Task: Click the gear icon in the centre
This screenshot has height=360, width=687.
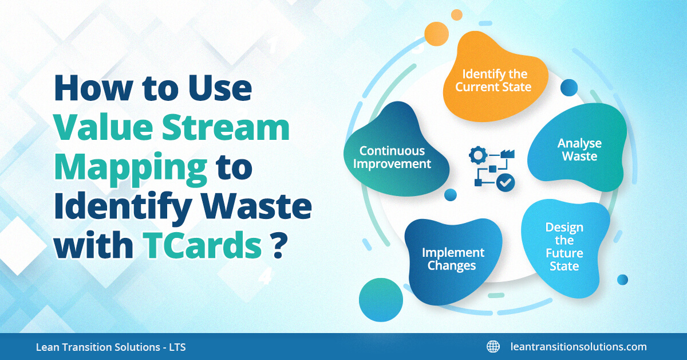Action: pyautogui.click(x=478, y=155)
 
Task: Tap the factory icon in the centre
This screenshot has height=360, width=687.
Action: pyautogui.click(x=507, y=154)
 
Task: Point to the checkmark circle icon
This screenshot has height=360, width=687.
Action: pyautogui.click(x=506, y=183)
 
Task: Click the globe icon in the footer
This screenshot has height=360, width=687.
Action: pyautogui.click(x=493, y=347)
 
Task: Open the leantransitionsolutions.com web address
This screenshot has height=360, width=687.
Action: pyautogui.click(x=578, y=347)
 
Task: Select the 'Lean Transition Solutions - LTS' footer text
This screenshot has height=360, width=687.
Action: pyautogui.click(x=110, y=347)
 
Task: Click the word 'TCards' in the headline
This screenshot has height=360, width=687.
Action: pyautogui.click(x=203, y=245)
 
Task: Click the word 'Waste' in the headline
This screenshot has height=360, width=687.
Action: pyautogui.click(x=256, y=206)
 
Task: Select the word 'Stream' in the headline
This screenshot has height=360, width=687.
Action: pyautogui.click(x=226, y=127)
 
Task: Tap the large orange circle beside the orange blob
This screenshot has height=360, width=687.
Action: pyautogui.click(x=436, y=34)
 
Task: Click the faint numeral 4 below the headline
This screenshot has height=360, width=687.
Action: pyautogui.click(x=264, y=276)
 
